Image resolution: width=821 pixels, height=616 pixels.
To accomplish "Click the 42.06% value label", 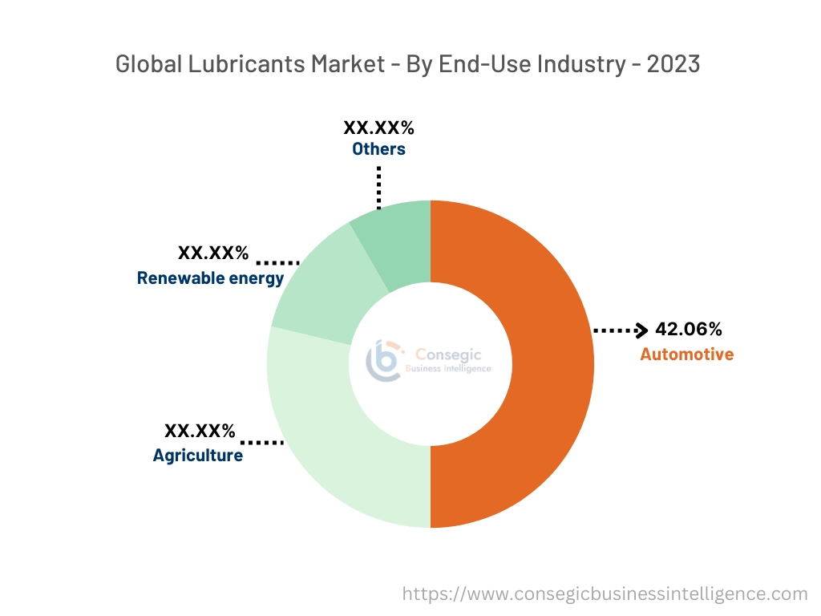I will [x=689, y=329].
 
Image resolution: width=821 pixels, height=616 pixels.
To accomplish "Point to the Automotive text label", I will [x=686, y=354].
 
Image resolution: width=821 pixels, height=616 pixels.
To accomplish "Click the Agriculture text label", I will [x=197, y=456].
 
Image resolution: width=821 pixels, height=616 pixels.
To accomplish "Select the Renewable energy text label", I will [x=210, y=278].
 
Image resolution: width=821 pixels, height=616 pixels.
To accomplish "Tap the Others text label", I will [x=378, y=148].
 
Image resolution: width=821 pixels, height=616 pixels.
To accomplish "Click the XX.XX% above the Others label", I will [x=378, y=128].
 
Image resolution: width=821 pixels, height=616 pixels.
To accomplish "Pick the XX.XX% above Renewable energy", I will [x=213, y=253].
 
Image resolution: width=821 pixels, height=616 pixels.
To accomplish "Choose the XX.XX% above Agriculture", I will [x=200, y=432].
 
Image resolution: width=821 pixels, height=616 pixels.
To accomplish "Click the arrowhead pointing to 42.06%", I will [x=641, y=330].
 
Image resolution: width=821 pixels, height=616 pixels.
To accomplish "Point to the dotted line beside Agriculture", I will [x=262, y=442].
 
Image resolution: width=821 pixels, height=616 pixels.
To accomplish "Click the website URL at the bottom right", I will [x=605, y=594].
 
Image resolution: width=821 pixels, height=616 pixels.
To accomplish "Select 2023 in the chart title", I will [x=673, y=64].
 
